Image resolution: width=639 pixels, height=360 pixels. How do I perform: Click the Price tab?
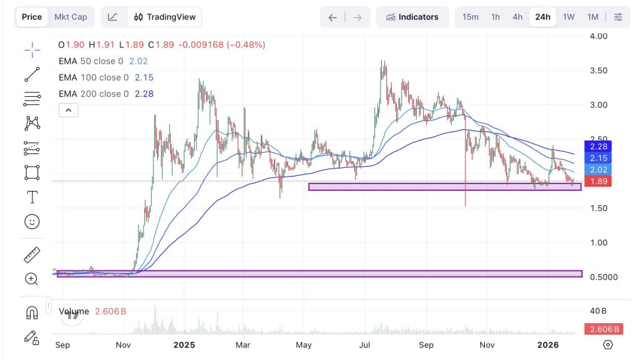click(32, 17)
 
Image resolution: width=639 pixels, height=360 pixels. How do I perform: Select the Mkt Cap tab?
click(71, 17)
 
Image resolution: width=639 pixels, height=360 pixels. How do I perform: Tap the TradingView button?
click(165, 17)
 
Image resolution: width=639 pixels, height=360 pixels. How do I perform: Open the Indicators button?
click(412, 17)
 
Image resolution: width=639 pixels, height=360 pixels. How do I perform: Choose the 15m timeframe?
click(471, 17)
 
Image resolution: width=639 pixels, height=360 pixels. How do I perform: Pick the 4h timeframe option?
click(517, 17)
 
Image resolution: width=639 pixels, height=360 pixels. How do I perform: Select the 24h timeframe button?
click(543, 17)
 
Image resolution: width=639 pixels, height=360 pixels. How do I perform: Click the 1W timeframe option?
click(568, 17)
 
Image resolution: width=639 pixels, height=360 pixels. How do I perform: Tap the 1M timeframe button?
click(593, 17)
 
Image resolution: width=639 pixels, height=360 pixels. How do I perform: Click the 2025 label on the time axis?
click(185, 344)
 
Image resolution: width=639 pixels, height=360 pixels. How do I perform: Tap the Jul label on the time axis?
click(365, 344)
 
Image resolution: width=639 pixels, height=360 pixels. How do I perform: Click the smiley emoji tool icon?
click(32, 221)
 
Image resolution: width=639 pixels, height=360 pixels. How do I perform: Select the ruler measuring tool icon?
click(32, 255)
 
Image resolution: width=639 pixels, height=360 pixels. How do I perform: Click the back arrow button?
click(333, 17)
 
